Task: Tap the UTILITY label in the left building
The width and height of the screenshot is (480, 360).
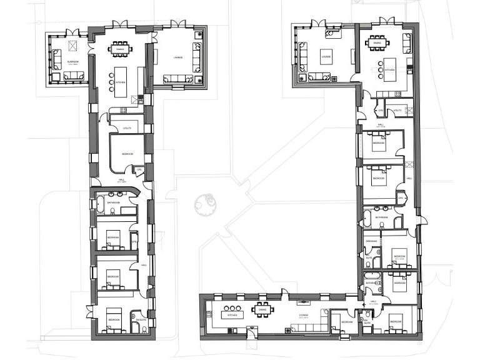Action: click(x=127, y=128)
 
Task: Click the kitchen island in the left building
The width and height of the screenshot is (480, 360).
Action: click(x=121, y=82)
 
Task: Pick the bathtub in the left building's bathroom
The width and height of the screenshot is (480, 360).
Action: click(x=100, y=204)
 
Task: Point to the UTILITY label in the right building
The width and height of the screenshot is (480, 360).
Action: click(x=397, y=111)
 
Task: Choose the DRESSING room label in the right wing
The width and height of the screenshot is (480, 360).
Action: click(x=371, y=241)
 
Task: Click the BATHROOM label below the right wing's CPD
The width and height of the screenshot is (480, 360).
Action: click(x=382, y=217)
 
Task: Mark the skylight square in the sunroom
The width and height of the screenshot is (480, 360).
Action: click(x=72, y=45)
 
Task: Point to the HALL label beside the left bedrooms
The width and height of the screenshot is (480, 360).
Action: click(x=144, y=265)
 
